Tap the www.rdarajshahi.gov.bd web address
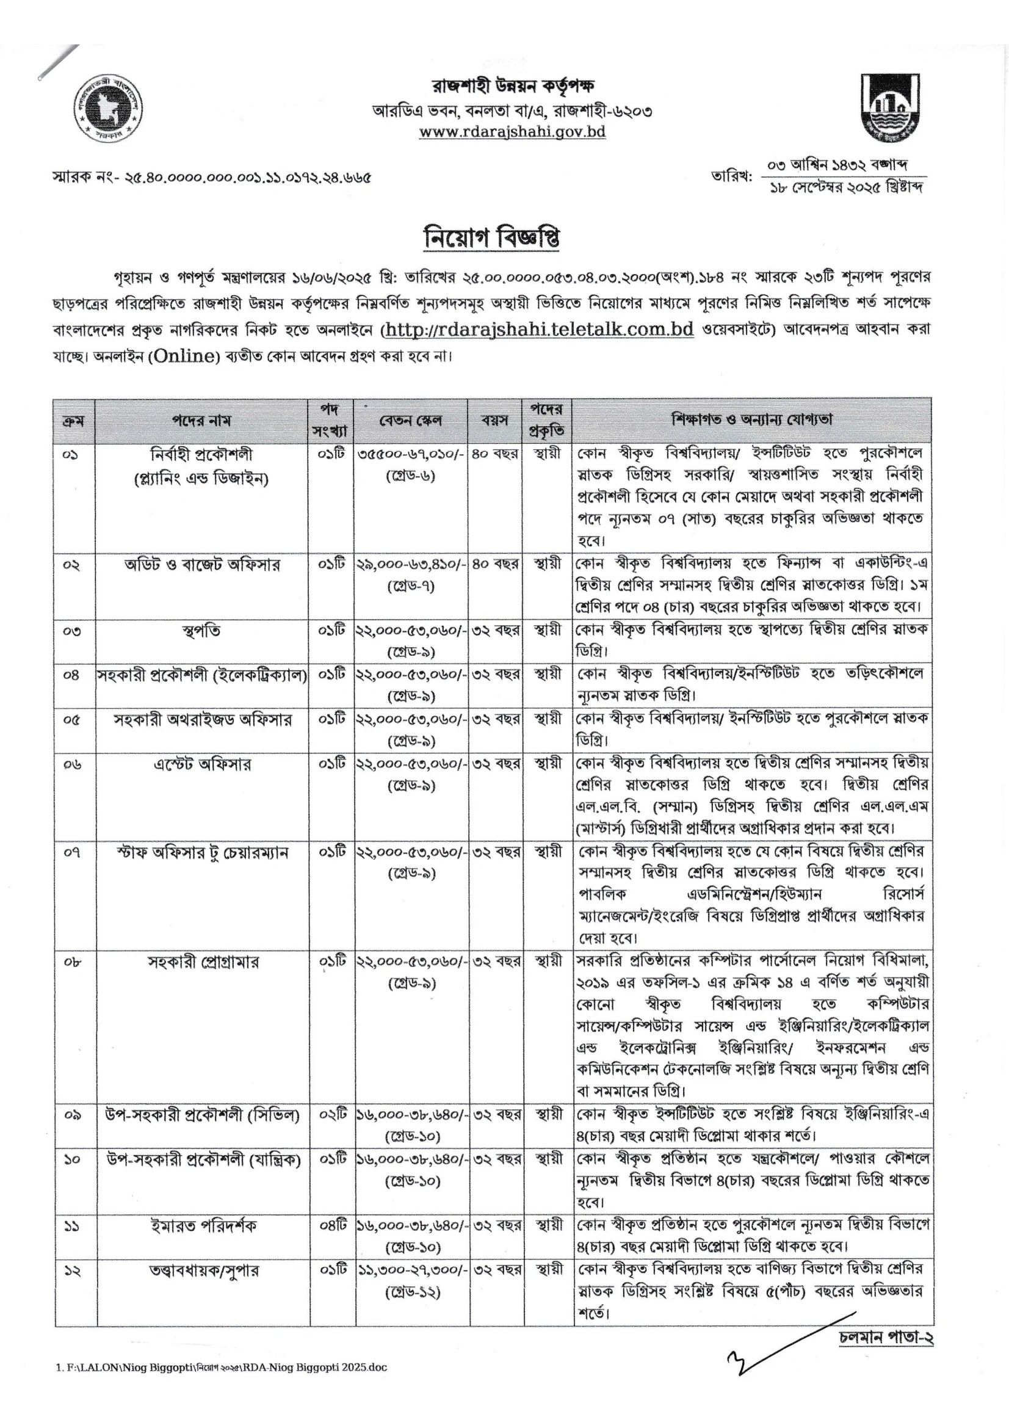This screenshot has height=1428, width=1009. coord(512,132)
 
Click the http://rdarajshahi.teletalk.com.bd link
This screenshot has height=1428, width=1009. coord(539,329)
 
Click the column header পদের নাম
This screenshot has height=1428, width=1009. coord(201,421)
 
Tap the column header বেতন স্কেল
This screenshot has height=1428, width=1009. coord(410,421)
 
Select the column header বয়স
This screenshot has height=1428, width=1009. coord(494,421)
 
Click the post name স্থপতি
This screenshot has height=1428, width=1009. coord(201,631)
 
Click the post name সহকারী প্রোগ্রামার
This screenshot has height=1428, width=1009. coord(203,962)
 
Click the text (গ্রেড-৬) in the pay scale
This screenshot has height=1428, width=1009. coord(410,476)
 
